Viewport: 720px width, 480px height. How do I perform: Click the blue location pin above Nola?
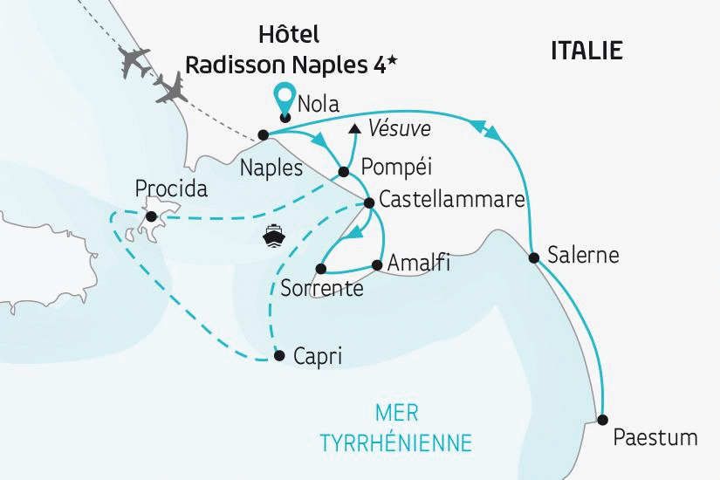284,95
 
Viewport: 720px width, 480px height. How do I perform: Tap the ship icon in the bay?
274,236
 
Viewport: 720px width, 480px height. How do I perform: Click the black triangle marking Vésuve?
353,130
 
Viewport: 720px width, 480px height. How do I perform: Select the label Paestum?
655,436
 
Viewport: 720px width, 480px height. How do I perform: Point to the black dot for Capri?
278,355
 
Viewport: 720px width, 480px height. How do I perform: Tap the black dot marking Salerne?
533,257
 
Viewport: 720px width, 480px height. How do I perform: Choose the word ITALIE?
586,51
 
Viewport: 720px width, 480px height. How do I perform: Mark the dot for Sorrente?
321,268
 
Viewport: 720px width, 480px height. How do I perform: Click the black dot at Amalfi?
377,264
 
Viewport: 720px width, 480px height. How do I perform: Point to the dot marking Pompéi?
343,171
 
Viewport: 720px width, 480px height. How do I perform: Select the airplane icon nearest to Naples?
172,87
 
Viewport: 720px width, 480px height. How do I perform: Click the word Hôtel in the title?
289,35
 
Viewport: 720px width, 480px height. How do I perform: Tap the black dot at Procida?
151,216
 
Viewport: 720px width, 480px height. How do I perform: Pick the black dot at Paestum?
602,419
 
